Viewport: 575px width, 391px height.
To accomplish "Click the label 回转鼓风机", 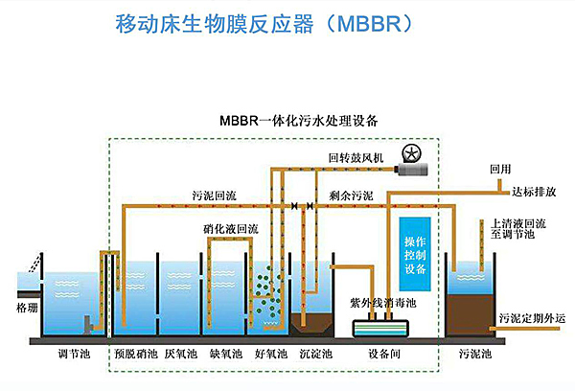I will coord(356,157).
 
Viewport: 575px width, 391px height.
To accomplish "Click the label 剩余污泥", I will coord(351,195).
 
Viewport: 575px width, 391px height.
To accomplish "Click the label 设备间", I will coord(384,354).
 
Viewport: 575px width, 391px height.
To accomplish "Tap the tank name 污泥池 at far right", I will coord(474,354).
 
